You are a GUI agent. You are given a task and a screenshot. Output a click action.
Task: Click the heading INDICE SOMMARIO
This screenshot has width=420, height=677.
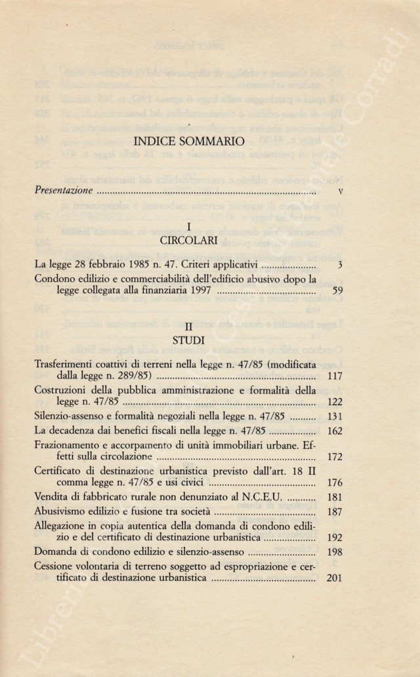pos(188,141)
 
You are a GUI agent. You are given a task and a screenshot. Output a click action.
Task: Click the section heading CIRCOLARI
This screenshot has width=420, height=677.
pos(188,240)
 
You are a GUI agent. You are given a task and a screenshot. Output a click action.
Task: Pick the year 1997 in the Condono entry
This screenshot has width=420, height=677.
pos(197,292)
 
